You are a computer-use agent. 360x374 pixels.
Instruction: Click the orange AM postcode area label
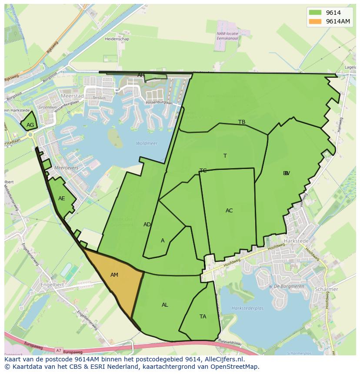[x=114, y=275]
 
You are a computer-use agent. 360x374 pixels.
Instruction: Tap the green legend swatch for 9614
[x=315, y=13]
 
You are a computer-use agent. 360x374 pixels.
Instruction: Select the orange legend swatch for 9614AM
[x=315, y=22]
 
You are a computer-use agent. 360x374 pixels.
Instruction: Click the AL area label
[x=165, y=305]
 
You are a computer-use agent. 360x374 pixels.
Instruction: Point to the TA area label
[x=203, y=317]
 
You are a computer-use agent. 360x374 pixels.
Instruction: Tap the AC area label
[x=229, y=211]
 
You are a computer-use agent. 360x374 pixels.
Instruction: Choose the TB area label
[x=242, y=122]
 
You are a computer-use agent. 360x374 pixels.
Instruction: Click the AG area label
[x=30, y=125]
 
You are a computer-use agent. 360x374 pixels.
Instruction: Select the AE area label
[x=62, y=199]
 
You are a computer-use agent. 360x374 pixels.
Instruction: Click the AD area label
[x=147, y=225]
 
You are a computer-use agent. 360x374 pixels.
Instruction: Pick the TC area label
[x=203, y=171]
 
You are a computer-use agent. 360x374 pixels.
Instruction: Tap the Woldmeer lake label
[x=147, y=143]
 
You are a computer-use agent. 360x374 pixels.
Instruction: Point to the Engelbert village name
[x=52, y=285]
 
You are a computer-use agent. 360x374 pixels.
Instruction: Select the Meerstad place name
[x=72, y=96]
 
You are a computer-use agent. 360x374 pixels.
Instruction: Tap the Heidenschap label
[x=117, y=39]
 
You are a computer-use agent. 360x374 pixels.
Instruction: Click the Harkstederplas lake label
[x=248, y=308]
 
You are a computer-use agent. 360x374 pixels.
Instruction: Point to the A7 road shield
[x=59, y=350]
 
